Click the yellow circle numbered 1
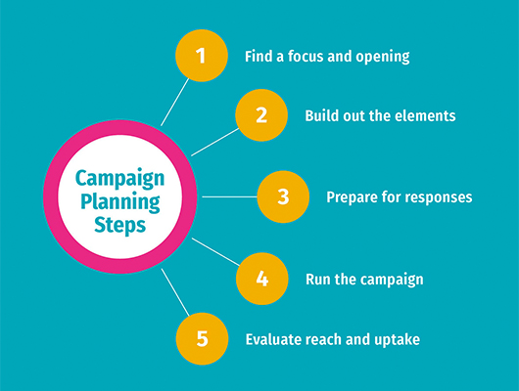coord(202,56)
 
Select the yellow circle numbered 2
coord(261,115)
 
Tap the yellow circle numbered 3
coord(283,196)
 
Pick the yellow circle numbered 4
coord(262,279)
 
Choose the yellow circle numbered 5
coord(203,339)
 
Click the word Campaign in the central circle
coord(119,179)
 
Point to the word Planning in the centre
coord(120,202)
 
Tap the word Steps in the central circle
coord(119,226)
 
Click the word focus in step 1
coord(306,56)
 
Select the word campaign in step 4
coord(392,281)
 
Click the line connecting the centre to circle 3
coord(230,196)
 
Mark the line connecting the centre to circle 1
coord(174,102)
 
